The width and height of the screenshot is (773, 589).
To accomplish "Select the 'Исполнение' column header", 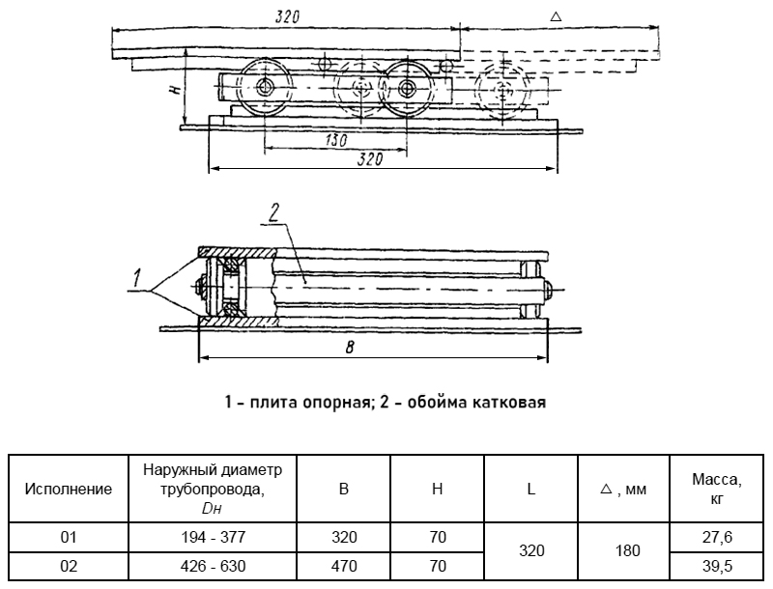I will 68,489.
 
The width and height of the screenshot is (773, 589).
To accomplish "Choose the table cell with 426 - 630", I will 213,566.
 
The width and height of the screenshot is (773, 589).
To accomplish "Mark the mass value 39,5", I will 717,566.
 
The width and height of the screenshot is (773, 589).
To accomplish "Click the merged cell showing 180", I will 628,551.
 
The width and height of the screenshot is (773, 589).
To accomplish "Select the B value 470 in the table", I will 343,566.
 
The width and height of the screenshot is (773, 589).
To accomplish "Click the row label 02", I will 68,566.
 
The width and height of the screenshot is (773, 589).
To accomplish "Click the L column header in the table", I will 531,489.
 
